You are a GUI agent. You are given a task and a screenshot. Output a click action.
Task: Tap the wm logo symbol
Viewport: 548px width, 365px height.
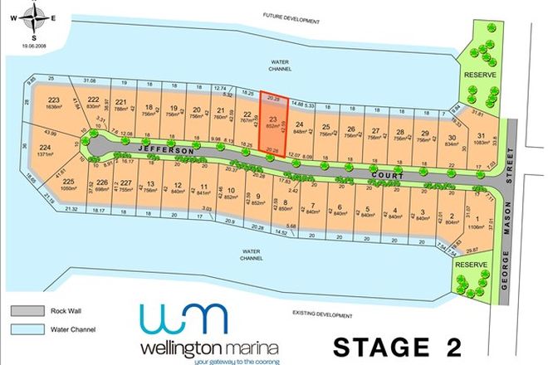(x=183, y=319)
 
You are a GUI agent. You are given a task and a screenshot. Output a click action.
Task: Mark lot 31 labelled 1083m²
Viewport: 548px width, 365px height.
(x=482, y=142)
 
